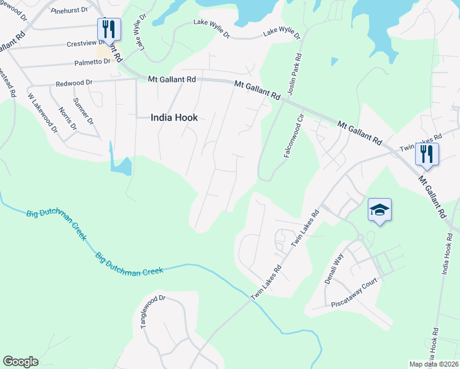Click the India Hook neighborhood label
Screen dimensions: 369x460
[174, 117]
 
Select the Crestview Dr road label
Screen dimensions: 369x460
[88, 44]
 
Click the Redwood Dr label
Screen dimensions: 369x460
[74, 82]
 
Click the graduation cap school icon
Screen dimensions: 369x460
[380, 210]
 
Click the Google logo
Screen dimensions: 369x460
[20, 362]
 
